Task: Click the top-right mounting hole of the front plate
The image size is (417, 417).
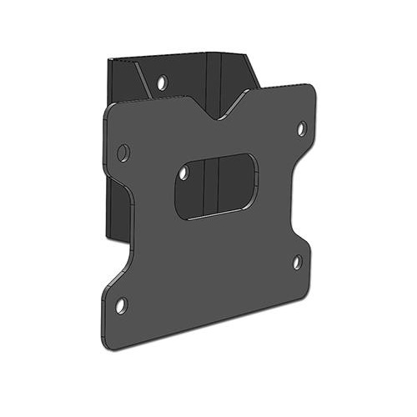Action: click(x=302, y=128)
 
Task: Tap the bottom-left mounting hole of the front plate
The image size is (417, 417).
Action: click(x=121, y=305)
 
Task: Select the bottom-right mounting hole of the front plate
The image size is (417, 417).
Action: click(x=297, y=262)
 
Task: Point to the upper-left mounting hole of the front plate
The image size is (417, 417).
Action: click(x=123, y=153)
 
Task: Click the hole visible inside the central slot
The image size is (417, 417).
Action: click(x=184, y=173)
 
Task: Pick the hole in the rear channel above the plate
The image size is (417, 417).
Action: click(x=162, y=83)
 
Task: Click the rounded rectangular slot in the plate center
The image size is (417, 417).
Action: click(x=216, y=185)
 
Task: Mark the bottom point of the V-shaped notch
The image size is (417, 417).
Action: click(x=221, y=118)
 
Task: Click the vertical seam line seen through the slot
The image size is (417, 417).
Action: click(x=217, y=185)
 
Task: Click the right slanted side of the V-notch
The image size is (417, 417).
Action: click(x=238, y=104)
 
